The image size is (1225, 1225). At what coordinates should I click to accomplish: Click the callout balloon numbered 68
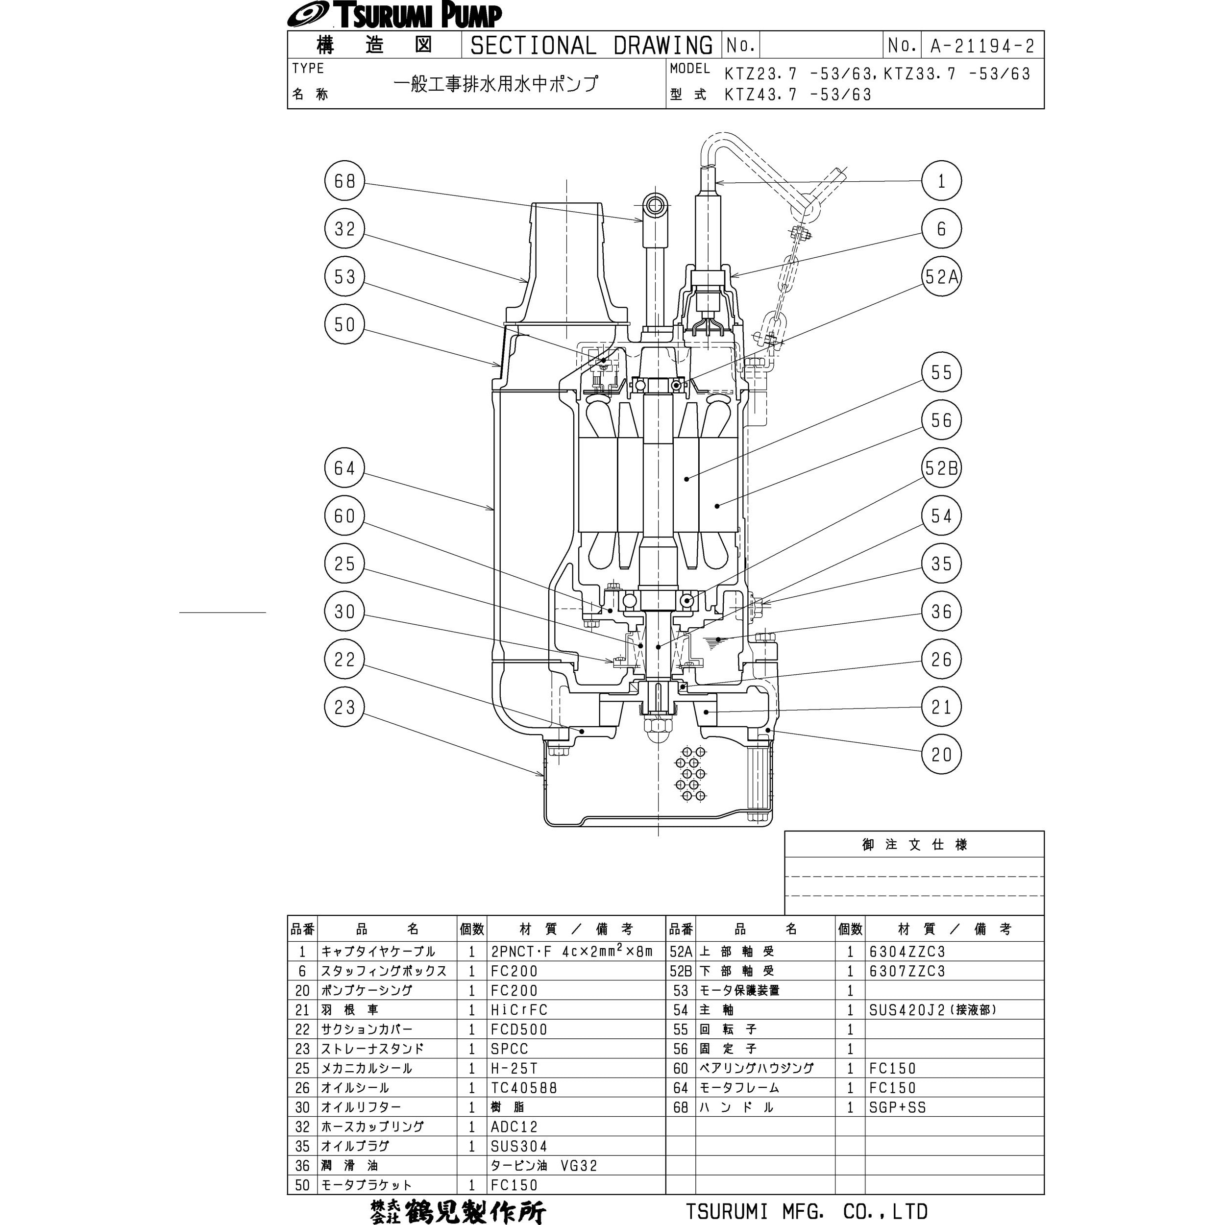coord(344,181)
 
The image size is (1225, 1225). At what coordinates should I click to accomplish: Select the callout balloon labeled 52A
coord(942,276)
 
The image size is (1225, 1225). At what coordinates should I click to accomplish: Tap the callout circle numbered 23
coord(344,707)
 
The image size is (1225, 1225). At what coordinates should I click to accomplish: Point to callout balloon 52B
coord(942,468)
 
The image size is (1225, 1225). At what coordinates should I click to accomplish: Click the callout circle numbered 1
coord(942,181)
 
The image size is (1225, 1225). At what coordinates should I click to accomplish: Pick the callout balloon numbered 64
coord(344,468)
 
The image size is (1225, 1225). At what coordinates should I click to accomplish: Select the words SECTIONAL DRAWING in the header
coord(591,46)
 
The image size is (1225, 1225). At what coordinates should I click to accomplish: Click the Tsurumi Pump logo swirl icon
coord(306,15)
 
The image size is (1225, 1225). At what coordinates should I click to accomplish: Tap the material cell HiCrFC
coord(518,1010)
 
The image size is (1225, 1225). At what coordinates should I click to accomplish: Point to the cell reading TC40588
coord(523,1088)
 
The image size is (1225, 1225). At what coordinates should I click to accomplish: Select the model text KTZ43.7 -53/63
coord(798,95)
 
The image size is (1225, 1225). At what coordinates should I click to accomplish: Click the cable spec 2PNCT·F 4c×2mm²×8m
coord(571,952)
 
